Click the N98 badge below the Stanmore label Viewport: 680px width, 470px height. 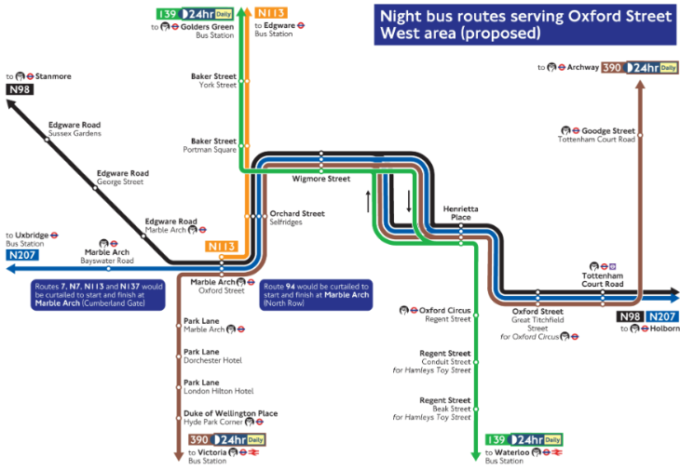pos(20,89)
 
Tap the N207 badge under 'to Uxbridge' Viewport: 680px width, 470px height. pos(22,255)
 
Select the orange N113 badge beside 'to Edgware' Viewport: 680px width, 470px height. pos(271,13)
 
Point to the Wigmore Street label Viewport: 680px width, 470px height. pos(321,179)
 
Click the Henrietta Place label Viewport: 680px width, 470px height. pos(460,213)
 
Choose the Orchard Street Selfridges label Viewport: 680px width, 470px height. pos(297,218)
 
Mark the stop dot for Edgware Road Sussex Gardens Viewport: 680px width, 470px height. pos(47,140)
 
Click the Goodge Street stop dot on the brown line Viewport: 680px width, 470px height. pos(640,135)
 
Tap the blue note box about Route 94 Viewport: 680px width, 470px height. pos(316,295)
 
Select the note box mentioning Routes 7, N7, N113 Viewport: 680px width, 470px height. pos(98,295)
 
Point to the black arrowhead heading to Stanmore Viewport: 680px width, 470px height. pos(11,104)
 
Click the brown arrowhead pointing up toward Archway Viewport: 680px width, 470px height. pos(640,84)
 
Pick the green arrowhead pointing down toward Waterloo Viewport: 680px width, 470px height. pos(476,455)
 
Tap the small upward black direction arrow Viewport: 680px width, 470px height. pos(368,201)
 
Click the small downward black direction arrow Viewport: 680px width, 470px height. pos(409,201)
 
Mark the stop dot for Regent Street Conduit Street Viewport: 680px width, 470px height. pos(476,362)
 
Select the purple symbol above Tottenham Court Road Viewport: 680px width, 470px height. pos(613,266)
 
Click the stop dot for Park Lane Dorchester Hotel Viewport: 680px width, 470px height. pos(178,356)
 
